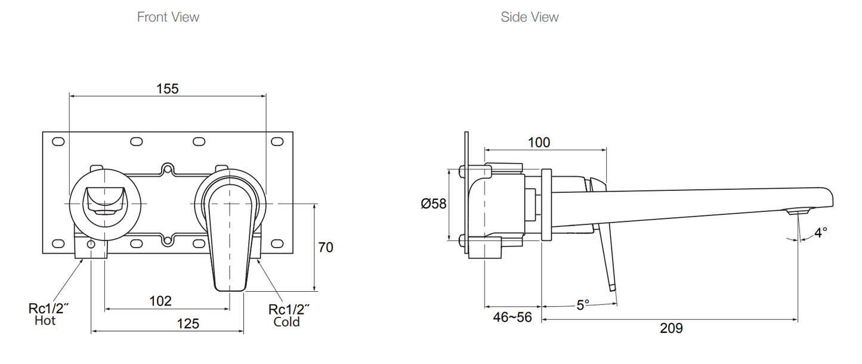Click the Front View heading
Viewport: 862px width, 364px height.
[168, 17]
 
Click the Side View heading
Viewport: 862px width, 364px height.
[530, 17]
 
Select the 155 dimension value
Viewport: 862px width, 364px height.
[168, 88]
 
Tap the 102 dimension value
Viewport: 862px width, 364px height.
[160, 301]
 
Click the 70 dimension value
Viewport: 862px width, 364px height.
[326, 247]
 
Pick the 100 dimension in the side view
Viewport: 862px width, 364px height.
[539, 143]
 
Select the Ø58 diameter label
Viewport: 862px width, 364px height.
[434, 204]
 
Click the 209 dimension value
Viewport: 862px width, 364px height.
[671, 328]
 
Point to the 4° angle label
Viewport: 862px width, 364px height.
[821, 233]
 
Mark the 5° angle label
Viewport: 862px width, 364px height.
[583, 305]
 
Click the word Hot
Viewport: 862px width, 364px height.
[45, 321]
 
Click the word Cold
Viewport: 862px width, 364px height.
[286, 322]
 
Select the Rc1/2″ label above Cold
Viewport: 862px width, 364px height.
[289, 309]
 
